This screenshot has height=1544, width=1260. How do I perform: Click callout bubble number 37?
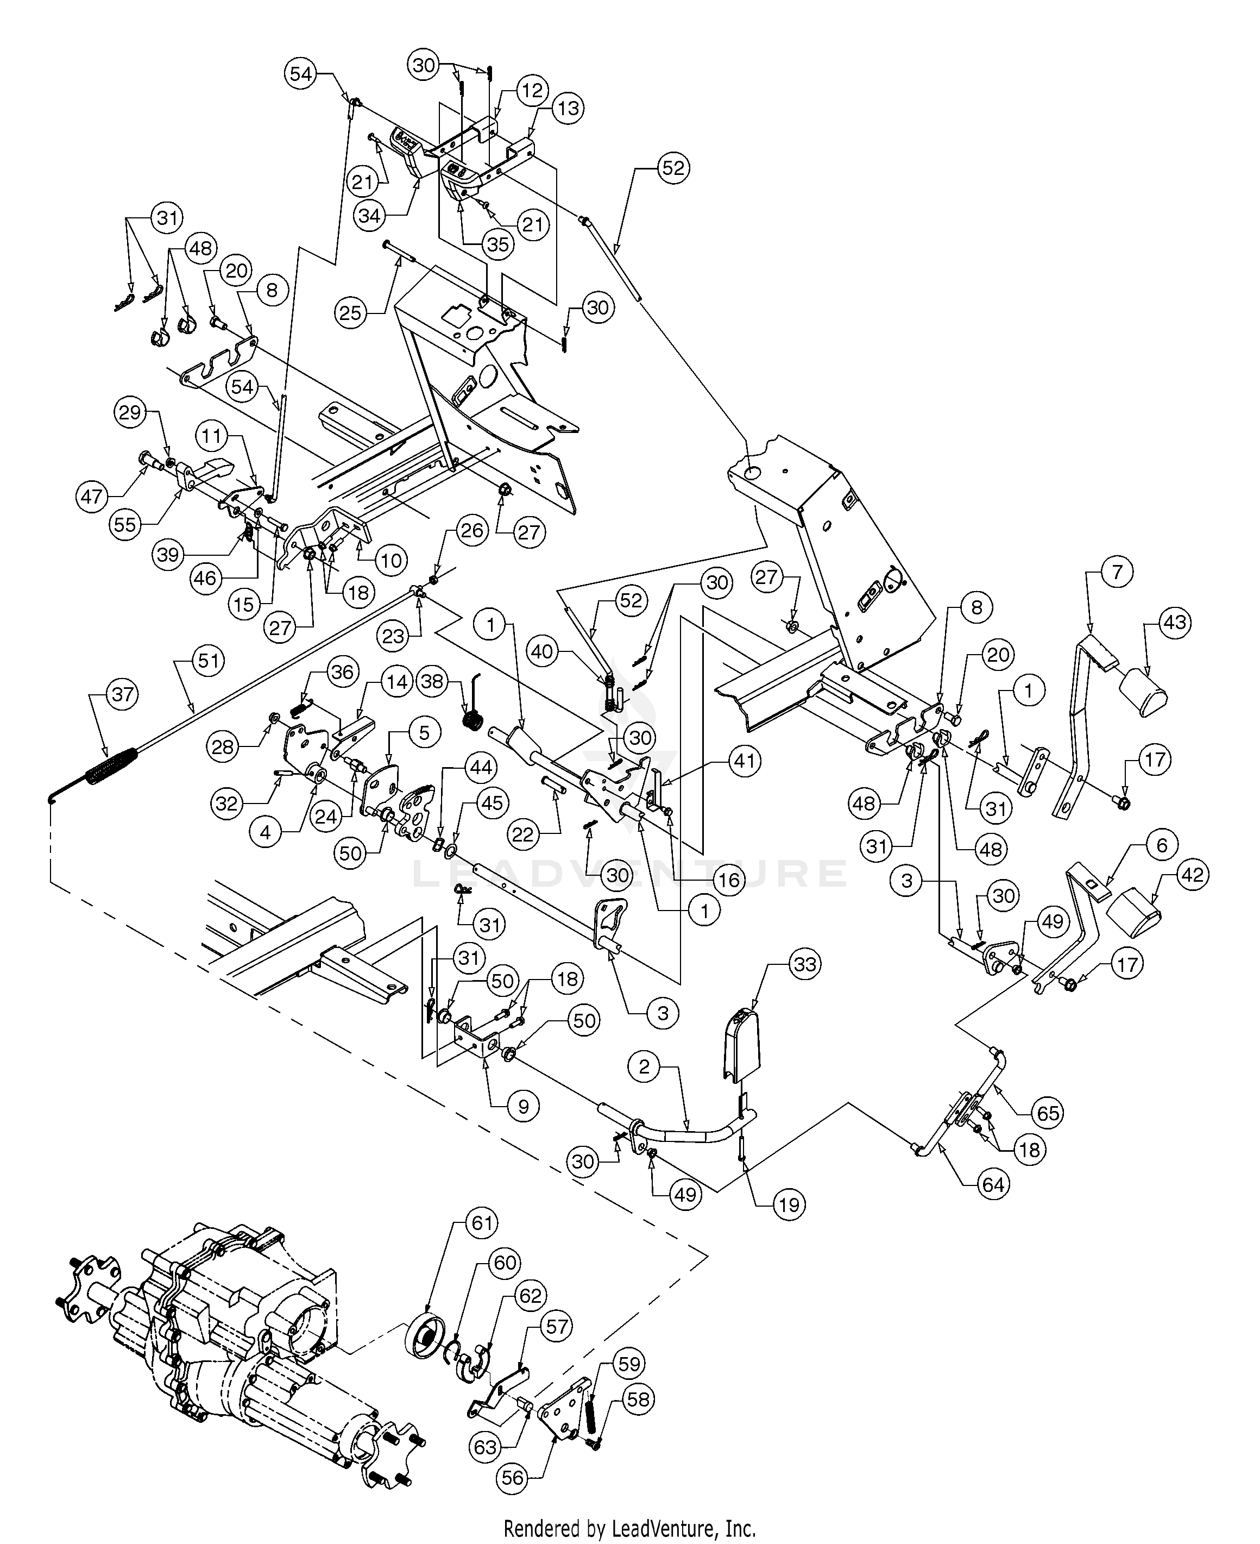pyautogui.click(x=122, y=695)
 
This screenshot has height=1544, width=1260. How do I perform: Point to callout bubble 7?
pyautogui.click(x=1117, y=573)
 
